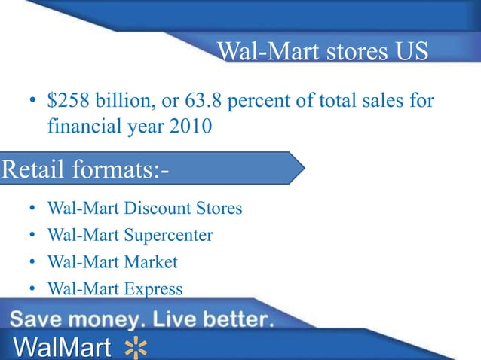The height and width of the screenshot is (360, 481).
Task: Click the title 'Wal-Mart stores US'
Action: (x=322, y=52)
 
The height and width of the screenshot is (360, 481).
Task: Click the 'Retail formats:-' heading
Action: (x=85, y=169)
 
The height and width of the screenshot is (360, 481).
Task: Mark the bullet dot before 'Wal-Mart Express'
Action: (x=32, y=289)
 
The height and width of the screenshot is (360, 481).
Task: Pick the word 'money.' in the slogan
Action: (x=105, y=320)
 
